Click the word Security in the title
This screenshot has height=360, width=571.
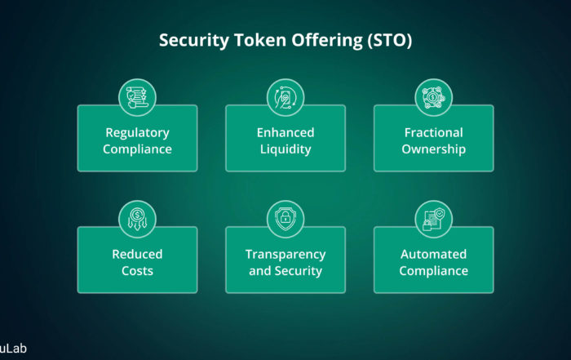(x=194, y=41)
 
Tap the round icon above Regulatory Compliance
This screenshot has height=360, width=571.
(x=137, y=97)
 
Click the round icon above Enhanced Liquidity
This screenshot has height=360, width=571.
(x=285, y=97)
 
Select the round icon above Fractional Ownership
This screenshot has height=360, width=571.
(x=434, y=97)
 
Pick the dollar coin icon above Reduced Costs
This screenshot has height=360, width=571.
(x=137, y=219)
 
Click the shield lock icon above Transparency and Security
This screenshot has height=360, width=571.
(x=285, y=219)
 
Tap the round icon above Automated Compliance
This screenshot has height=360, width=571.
(x=434, y=219)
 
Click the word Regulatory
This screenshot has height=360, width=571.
(x=137, y=133)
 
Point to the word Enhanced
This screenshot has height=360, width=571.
(x=285, y=132)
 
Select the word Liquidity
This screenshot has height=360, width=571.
(x=285, y=149)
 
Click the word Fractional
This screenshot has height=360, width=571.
(x=434, y=132)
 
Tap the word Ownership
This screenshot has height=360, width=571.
(x=434, y=149)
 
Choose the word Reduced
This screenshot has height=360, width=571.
(x=137, y=254)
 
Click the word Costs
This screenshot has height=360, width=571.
(x=137, y=271)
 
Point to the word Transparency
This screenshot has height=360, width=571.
(x=285, y=255)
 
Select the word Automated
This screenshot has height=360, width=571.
(x=434, y=254)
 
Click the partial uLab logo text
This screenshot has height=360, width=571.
(x=13, y=349)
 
